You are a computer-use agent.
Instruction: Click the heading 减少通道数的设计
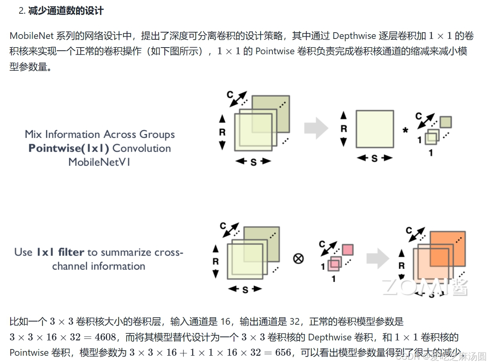(x=66, y=11)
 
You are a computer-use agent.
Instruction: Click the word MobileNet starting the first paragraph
(x=31, y=36)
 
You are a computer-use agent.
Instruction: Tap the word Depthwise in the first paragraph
(x=354, y=36)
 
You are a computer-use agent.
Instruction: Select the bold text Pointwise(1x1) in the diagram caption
(x=69, y=149)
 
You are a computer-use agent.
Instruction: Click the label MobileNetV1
(x=99, y=162)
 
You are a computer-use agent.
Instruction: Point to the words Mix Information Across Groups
(x=100, y=134)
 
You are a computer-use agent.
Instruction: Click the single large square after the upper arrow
(x=374, y=129)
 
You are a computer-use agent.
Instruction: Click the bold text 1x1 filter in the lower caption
(x=61, y=252)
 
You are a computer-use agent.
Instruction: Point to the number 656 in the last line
(x=283, y=352)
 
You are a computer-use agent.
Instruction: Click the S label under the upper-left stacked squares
(x=253, y=162)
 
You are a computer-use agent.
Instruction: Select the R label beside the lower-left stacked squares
(x=215, y=261)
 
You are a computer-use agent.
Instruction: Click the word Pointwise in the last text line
(x=28, y=352)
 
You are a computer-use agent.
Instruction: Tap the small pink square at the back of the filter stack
(x=348, y=250)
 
